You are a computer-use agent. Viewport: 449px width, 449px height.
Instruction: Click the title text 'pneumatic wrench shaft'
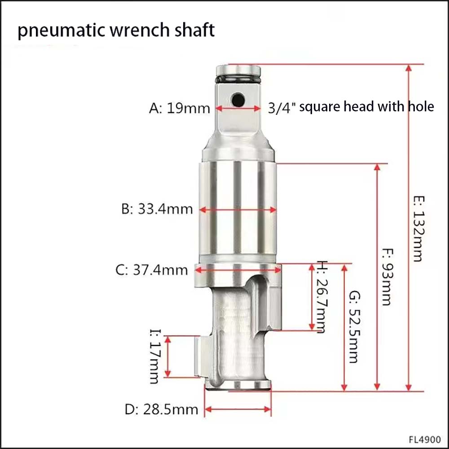pos(116,31)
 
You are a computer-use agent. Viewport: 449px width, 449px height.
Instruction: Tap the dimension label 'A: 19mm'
pos(180,109)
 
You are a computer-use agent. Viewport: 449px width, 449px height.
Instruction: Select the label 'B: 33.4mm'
pos(157,209)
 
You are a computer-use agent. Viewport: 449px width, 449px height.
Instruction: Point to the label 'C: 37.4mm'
pos(151,270)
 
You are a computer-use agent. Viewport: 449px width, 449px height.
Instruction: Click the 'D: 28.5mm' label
pos(162,409)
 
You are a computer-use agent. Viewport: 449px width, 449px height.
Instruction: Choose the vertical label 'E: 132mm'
pos(418,229)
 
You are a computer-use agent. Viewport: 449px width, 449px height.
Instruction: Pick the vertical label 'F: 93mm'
pos(388,277)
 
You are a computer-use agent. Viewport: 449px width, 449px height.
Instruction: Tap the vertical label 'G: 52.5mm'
pos(355,327)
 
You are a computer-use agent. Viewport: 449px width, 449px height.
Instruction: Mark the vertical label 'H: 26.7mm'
pos(322,297)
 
